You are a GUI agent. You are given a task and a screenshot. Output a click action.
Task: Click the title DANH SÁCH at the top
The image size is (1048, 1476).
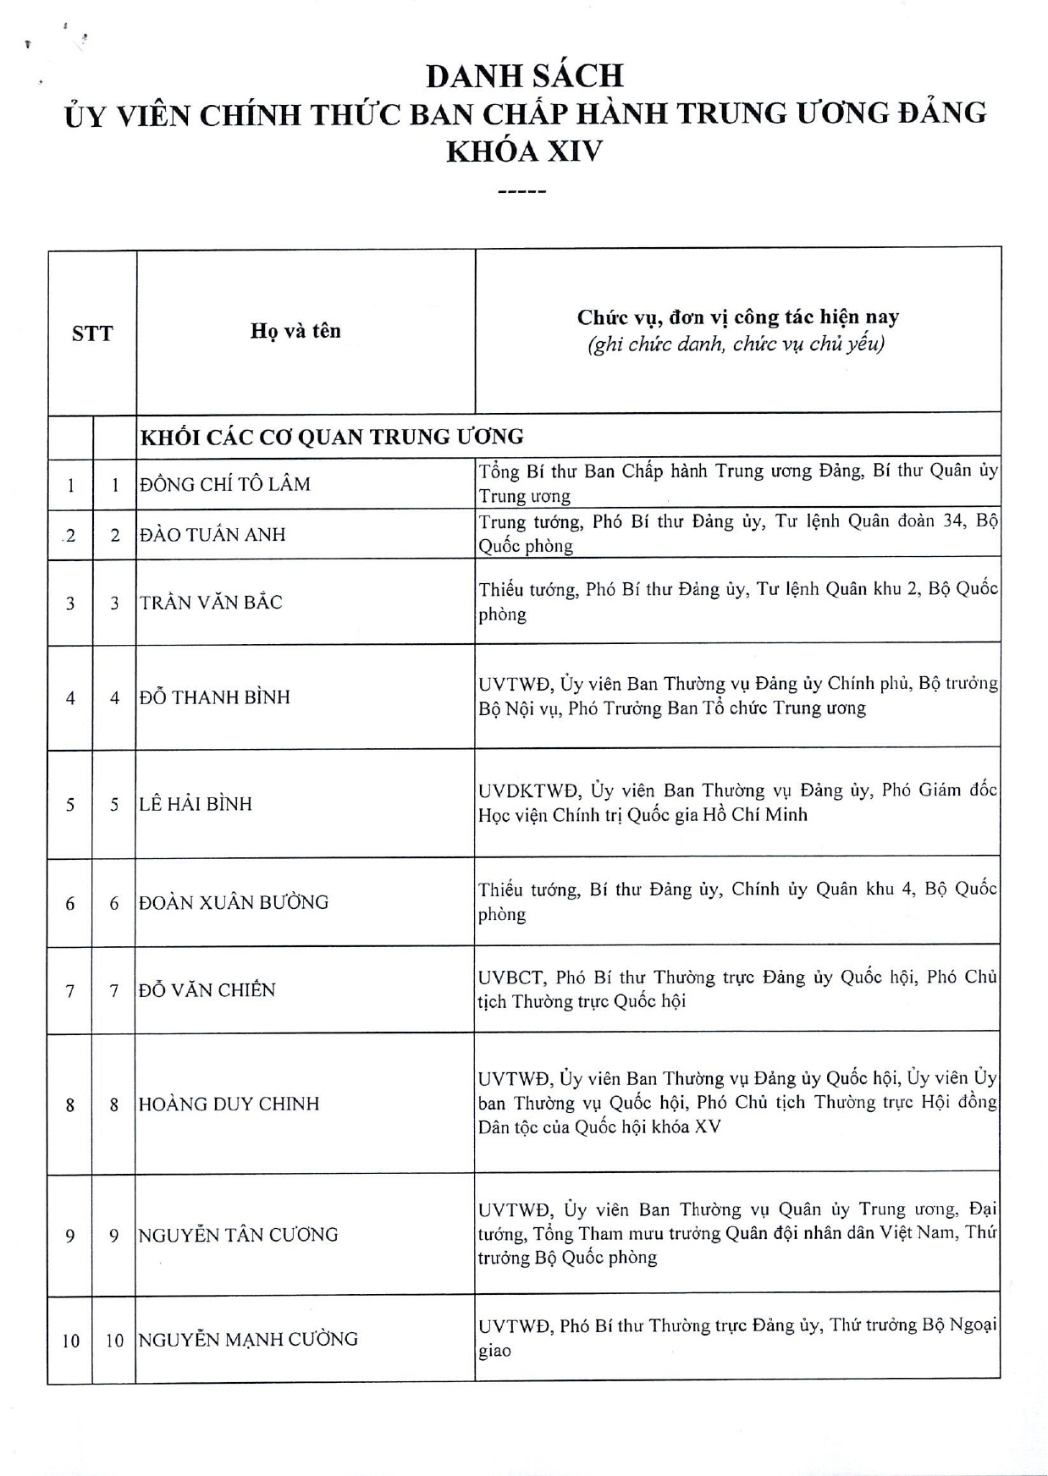tap(524, 76)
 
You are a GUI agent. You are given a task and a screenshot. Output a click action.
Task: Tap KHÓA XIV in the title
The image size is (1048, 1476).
tap(524, 151)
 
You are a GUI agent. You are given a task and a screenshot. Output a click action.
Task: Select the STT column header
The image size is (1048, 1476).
tap(92, 333)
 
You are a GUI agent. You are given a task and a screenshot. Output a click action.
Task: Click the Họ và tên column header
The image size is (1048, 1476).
tap(295, 330)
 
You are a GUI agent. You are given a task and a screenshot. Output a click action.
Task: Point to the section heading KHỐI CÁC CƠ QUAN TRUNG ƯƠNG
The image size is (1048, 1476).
tap(332, 437)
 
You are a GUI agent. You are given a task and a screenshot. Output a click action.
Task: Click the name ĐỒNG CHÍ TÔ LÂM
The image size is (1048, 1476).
tap(225, 484)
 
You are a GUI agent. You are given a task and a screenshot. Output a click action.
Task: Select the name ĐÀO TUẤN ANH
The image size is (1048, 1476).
tap(212, 534)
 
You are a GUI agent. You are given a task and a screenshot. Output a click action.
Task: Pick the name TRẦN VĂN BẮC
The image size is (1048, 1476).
tap(211, 603)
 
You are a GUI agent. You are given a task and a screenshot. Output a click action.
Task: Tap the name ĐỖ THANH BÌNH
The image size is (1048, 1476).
tap(215, 697)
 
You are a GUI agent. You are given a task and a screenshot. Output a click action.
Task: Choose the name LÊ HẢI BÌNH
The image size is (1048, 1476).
tap(196, 804)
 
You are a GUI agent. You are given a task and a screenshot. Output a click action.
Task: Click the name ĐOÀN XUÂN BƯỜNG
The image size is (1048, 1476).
tap(234, 902)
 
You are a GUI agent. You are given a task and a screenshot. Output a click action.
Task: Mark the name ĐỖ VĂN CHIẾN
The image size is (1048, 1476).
tap(207, 990)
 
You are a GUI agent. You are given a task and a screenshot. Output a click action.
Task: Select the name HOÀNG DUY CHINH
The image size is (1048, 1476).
tap(229, 1104)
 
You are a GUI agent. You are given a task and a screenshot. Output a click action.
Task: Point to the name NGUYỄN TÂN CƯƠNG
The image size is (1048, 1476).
tap(238, 1235)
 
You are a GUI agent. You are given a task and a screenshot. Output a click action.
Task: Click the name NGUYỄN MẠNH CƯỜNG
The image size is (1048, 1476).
tap(248, 1339)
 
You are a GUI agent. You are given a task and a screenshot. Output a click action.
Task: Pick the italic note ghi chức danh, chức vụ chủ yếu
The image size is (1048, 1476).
tap(736, 344)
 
